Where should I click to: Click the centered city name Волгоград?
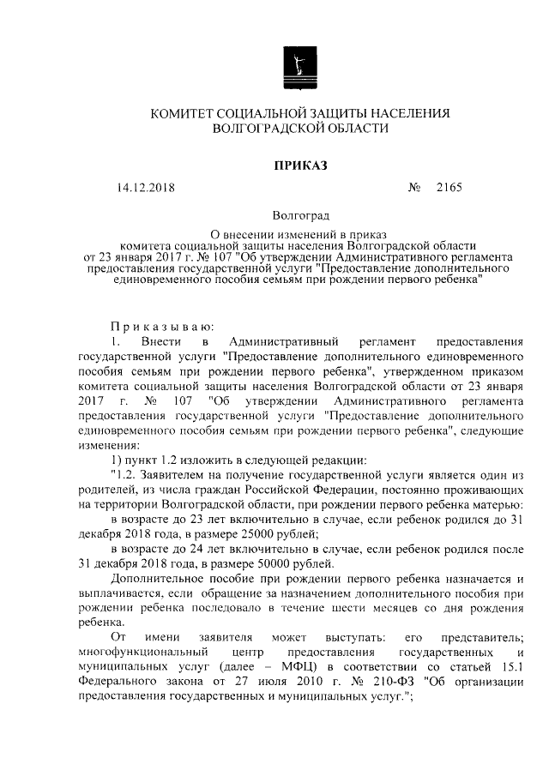click(300, 216)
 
